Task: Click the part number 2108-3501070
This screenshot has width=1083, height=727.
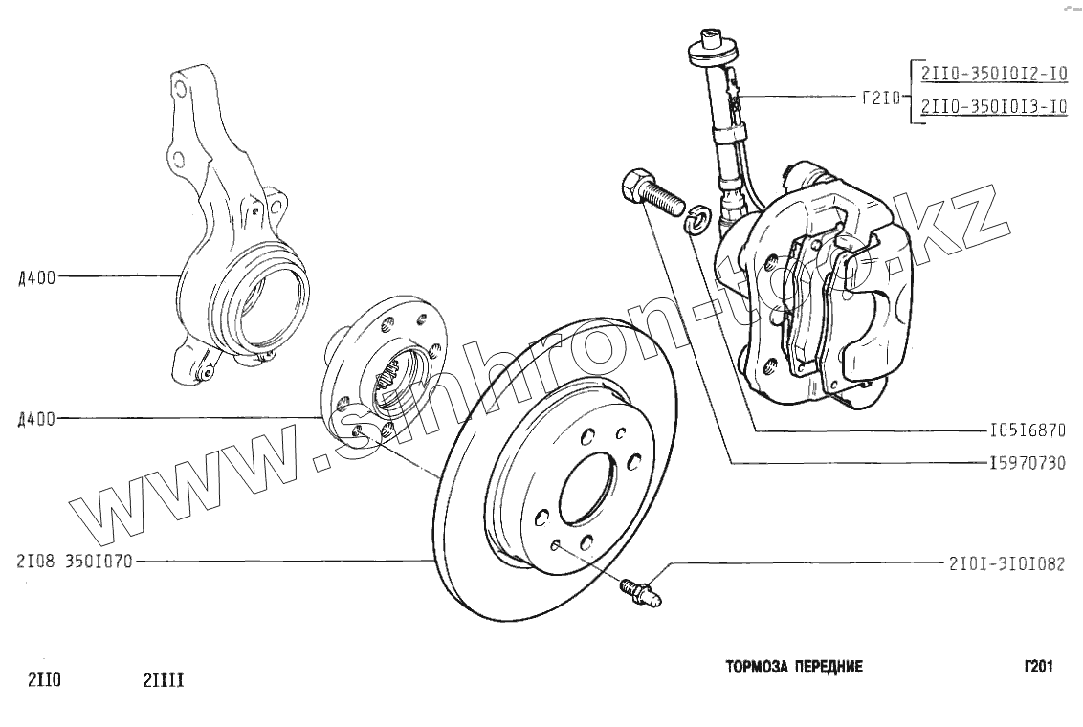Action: coord(74,562)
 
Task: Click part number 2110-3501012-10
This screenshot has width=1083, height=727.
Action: coord(993,73)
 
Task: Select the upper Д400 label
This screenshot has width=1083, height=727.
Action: coord(36,277)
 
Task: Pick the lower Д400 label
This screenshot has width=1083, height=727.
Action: coord(36,418)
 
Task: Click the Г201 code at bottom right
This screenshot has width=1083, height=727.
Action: coord(1037,667)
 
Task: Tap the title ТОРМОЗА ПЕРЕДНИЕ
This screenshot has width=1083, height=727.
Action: coord(794,667)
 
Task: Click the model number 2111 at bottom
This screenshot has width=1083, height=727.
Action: coord(163,681)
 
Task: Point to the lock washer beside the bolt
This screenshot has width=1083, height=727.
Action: coord(698,218)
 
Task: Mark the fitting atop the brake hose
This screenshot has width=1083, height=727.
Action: coord(711,43)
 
